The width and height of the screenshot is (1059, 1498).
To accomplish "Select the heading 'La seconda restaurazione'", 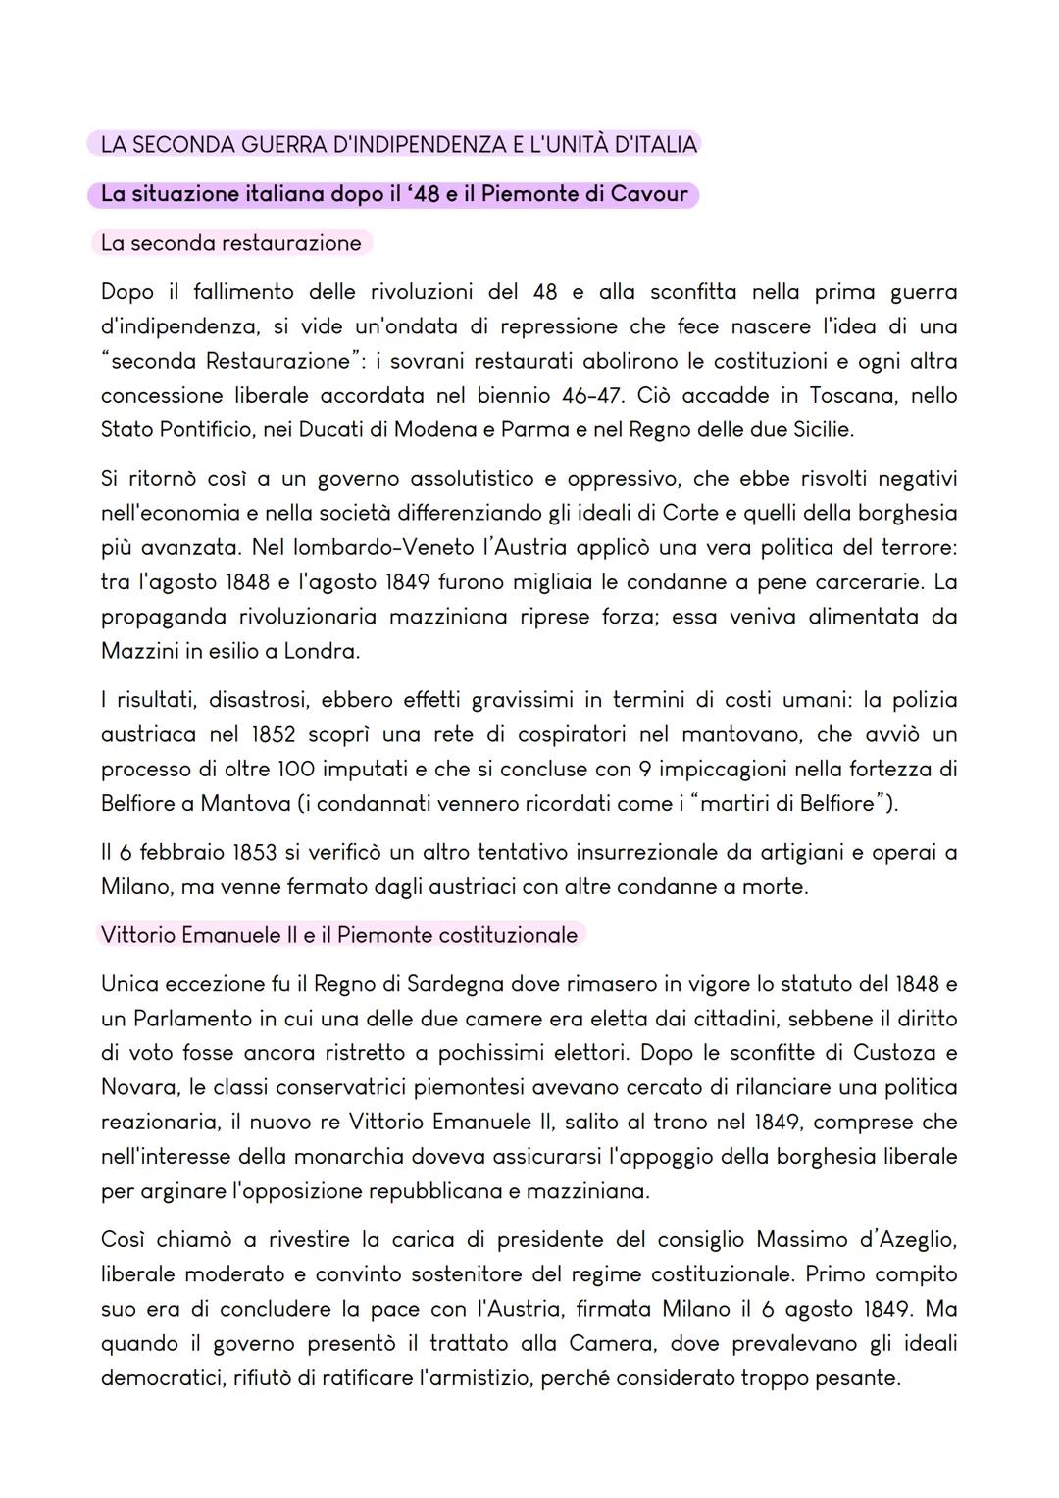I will pos(230,243).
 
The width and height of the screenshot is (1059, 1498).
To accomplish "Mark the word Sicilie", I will pos(818,429).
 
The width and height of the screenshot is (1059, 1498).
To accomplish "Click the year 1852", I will pos(274,734).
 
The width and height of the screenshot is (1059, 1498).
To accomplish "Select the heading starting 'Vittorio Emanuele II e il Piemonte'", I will pos(339,935).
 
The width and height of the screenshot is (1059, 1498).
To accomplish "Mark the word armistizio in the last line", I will pos(475,1377).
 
